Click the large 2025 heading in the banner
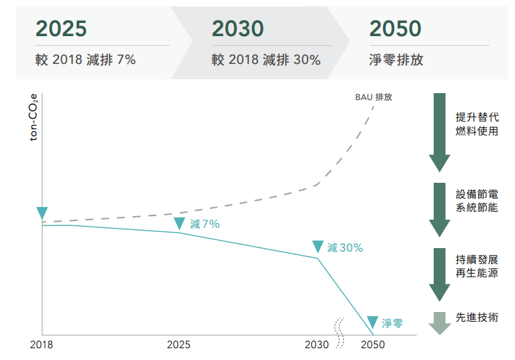pyautogui.click(x=61, y=28)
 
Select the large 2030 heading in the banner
pyautogui.click(x=238, y=28)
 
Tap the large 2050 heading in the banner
pyautogui.click(x=395, y=28)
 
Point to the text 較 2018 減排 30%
pyautogui.click(x=266, y=60)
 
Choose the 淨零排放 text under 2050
pyautogui.click(x=397, y=60)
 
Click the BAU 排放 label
pyautogui.click(x=373, y=97)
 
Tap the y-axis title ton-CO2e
pyautogui.click(x=34, y=120)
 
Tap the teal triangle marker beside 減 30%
pyautogui.click(x=318, y=247)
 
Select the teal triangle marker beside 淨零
pyautogui.click(x=373, y=322)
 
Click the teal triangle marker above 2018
pyautogui.click(x=42, y=213)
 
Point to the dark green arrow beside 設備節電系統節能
pyautogui.click(x=440, y=208)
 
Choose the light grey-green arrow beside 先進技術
pyautogui.click(x=440, y=322)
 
